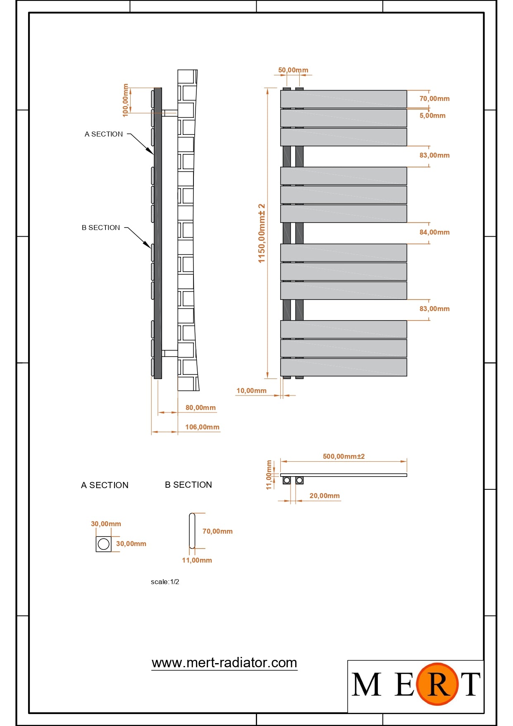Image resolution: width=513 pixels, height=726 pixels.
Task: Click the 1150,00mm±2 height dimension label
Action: tap(261, 233)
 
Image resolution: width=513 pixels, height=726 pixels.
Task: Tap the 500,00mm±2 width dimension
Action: tap(344, 456)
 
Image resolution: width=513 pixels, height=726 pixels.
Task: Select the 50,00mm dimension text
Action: tap(293, 70)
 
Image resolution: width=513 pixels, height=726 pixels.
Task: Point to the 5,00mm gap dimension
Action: tap(432, 115)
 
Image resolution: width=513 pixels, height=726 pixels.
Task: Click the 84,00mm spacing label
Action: tap(434, 232)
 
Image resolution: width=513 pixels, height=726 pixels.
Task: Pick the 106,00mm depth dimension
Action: tap(202, 427)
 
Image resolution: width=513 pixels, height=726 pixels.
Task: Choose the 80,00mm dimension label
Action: tap(200, 407)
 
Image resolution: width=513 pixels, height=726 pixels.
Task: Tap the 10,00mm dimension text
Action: tap(251, 391)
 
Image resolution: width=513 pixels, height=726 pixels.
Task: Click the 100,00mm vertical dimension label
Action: tap(126, 101)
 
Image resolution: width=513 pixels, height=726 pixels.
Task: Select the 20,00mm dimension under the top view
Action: tap(325, 496)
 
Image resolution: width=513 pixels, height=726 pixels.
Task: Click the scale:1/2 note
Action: tap(165, 582)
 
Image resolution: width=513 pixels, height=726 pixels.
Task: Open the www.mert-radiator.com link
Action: tap(224, 663)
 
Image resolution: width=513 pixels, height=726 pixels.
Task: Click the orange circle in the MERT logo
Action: tap(437, 684)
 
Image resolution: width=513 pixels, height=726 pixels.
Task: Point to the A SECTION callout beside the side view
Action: tap(104, 134)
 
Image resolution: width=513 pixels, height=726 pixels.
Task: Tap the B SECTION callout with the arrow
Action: tap(101, 228)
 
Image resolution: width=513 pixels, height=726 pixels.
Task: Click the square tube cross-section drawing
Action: tap(103, 544)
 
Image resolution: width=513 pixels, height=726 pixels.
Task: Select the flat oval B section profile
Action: tap(192, 531)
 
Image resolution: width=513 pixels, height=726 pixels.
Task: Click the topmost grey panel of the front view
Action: tap(344, 99)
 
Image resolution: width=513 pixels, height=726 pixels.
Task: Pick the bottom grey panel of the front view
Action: tap(344, 367)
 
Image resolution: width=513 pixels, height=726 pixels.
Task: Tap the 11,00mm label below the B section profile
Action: tap(197, 560)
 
